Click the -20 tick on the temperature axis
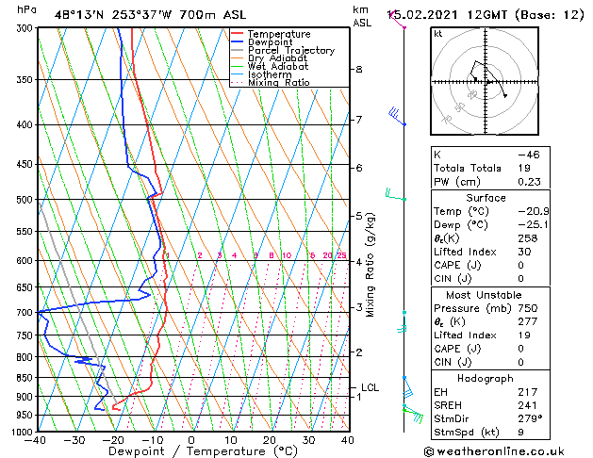coord(113,439)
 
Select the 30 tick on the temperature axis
coord(307,439)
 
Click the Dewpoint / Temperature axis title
coord(190,451)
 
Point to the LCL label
coord(371,387)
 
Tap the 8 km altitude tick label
coord(359,70)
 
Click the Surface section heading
coord(486,198)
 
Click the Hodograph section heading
coord(486,378)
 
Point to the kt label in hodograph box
coord(437,34)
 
